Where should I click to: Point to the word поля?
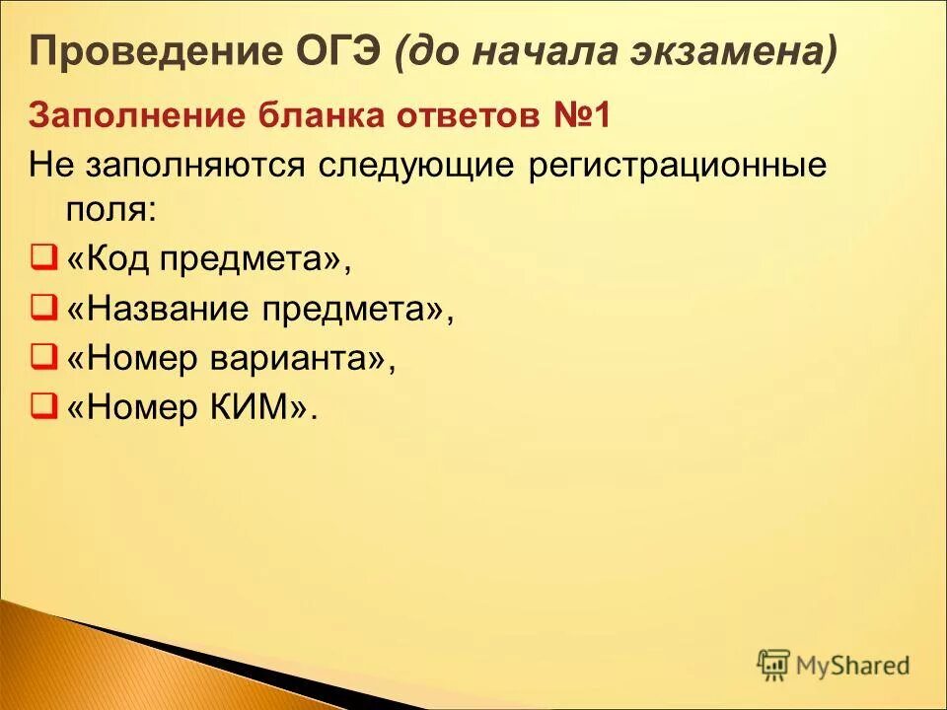(x=110, y=209)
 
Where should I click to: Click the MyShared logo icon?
(x=773, y=665)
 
